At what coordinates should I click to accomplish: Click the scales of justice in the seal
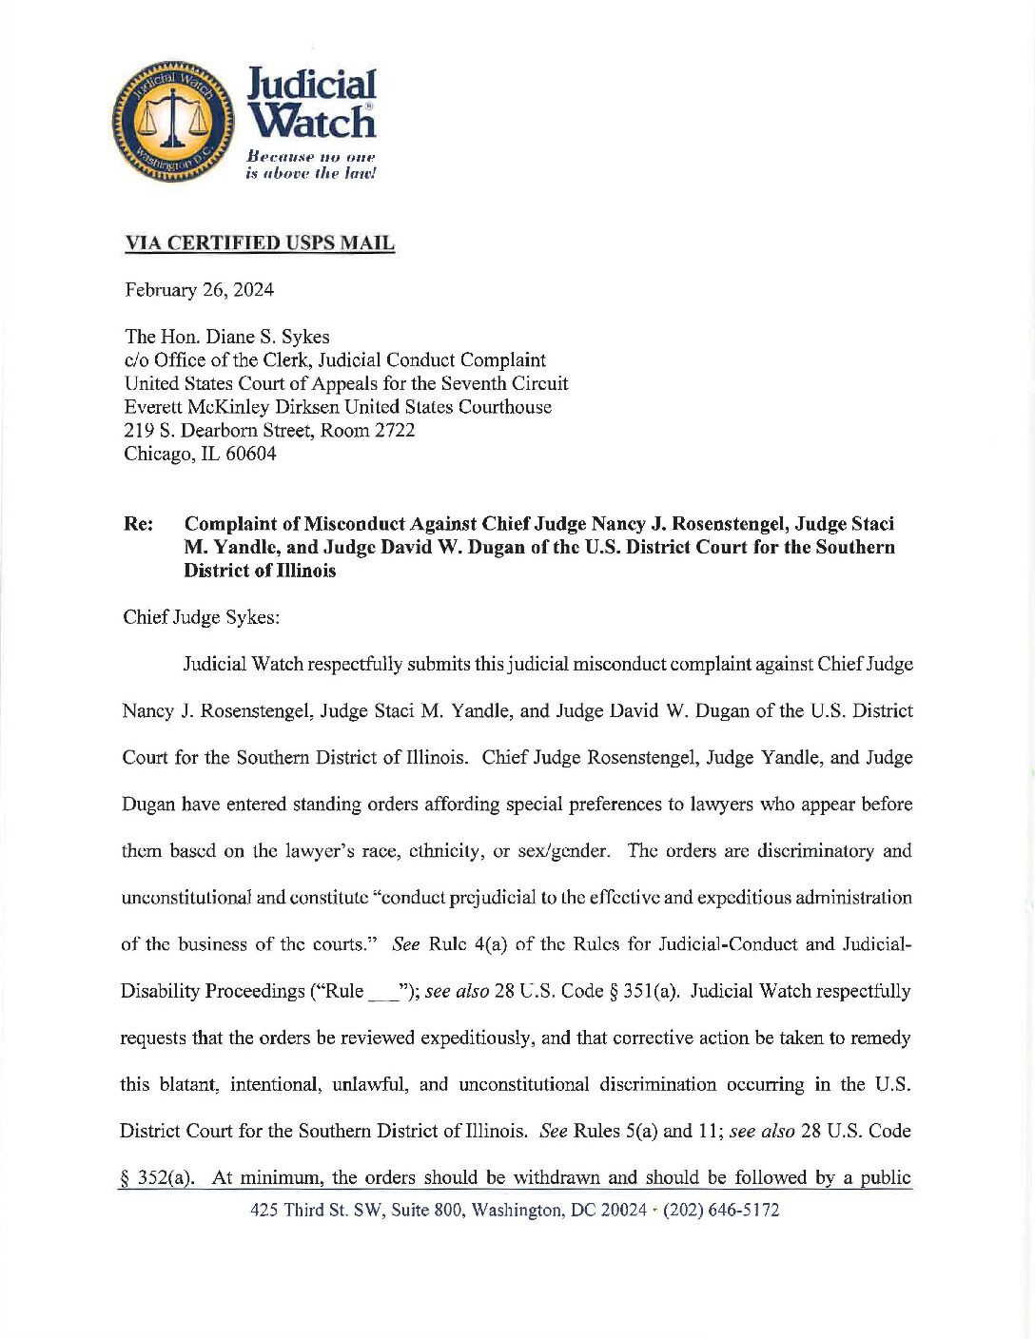pos(172,121)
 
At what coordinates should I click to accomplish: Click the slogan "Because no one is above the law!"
pos(311,165)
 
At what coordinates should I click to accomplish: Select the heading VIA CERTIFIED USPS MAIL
pos(259,243)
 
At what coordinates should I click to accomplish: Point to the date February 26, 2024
pos(199,290)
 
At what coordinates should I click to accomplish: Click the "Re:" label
pos(139,524)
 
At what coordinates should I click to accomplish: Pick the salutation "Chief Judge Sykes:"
pos(201,617)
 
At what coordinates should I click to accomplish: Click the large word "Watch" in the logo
pos(312,122)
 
